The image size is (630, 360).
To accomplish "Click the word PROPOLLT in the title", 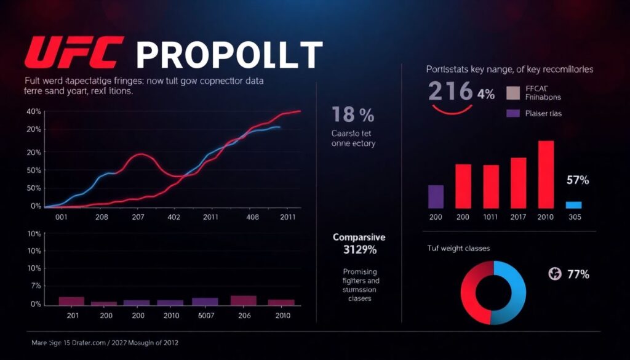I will tap(229, 55).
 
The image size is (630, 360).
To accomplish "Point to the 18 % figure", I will tap(353, 114).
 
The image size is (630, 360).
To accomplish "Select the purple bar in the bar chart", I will tap(436, 196).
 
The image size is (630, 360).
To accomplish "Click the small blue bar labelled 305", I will tap(573, 205).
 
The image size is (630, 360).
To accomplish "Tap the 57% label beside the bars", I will tap(578, 180).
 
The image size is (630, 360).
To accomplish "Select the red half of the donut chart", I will tap(476, 292).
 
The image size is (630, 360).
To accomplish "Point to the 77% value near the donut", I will tap(578, 274).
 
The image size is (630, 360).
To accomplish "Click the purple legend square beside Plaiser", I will tap(513, 113).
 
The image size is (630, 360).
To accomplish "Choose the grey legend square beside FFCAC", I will tap(513, 93).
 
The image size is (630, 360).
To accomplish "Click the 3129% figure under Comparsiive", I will tap(354, 250).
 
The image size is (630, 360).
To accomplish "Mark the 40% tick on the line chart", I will tap(34, 111).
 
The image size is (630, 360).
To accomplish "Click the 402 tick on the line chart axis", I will tap(174, 217).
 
